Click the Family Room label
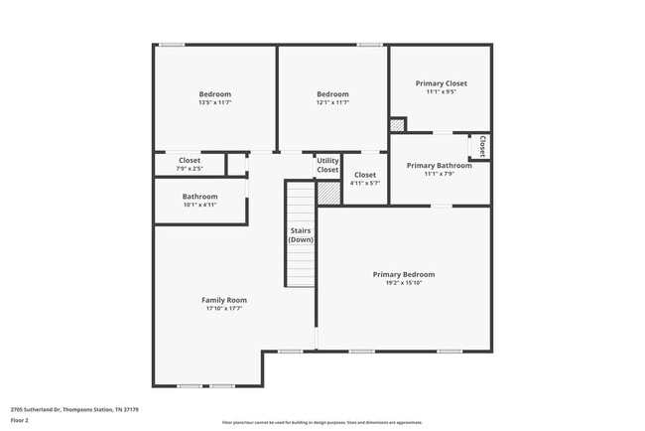(x=224, y=300)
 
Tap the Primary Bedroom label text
(x=403, y=274)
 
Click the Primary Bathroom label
(x=439, y=165)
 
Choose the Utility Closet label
(x=327, y=165)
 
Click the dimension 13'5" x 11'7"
(x=215, y=103)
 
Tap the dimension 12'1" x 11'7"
(x=332, y=103)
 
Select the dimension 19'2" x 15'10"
(x=403, y=283)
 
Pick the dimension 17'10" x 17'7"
(x=224, y=309)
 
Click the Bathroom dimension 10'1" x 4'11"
(x=199, y=205)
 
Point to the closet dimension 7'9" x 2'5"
(x=190, y=169)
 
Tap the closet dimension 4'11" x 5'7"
(x=365, y=183)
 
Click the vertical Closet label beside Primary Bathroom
(x=482, y=147)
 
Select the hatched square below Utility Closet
(x=328, y=193)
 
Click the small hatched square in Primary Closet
(x=397, y=125)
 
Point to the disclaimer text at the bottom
(x=322, y=422)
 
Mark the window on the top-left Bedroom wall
(x=172, y=44)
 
